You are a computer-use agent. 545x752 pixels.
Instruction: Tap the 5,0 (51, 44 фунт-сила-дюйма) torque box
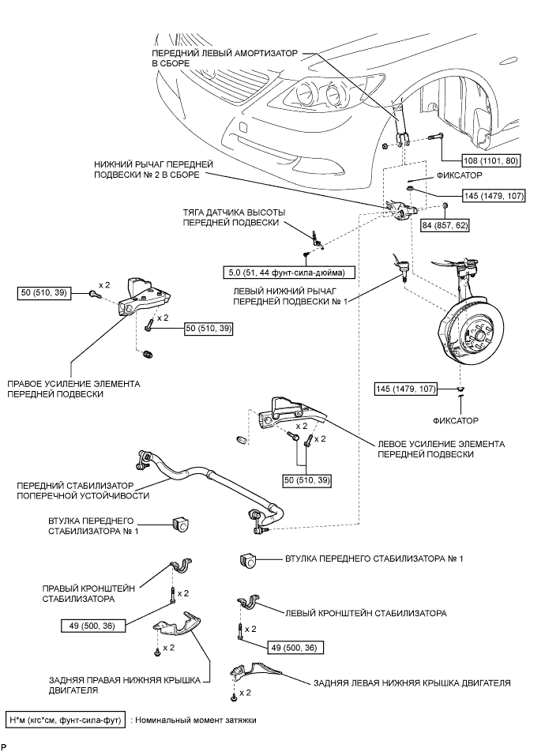[288, 272]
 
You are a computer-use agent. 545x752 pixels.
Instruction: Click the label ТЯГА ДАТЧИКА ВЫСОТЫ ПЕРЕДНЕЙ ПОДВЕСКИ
[234, 218]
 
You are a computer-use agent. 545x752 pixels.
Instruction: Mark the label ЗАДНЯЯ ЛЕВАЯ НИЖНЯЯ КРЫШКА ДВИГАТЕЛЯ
[412, 682]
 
